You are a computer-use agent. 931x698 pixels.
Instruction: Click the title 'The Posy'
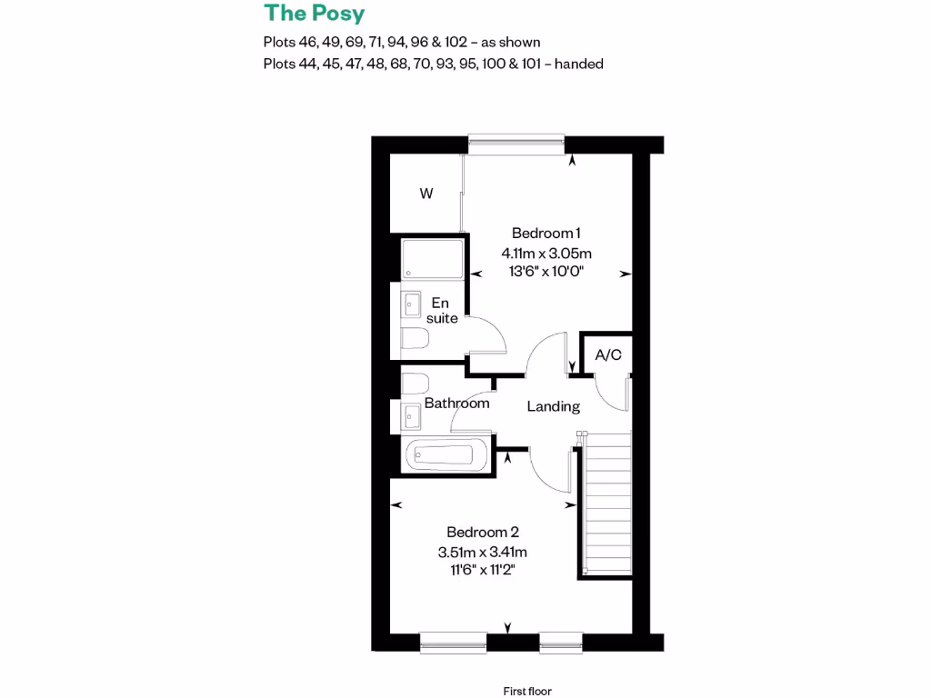click(314, 14)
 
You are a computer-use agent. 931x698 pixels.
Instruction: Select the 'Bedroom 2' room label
click(482, 532)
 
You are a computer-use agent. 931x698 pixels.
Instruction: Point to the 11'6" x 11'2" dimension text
click(482, 570)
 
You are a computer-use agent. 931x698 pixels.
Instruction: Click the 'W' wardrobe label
click(425, 194)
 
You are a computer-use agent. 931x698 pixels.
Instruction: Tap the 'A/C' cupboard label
click(608, 354)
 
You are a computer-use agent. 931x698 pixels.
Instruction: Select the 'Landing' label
click(553, 406)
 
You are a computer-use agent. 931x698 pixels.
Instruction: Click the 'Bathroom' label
click(456, 403)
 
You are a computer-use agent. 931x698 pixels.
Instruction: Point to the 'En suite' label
click(441, 310)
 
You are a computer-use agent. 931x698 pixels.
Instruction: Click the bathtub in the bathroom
click(446, 454)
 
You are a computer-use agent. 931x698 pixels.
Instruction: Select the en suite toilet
click(415, 341)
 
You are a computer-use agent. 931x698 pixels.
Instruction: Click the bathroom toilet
click(415, 382)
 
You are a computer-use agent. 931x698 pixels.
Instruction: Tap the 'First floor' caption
click(527, 692)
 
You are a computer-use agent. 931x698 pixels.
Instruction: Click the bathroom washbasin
click(412, 418)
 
